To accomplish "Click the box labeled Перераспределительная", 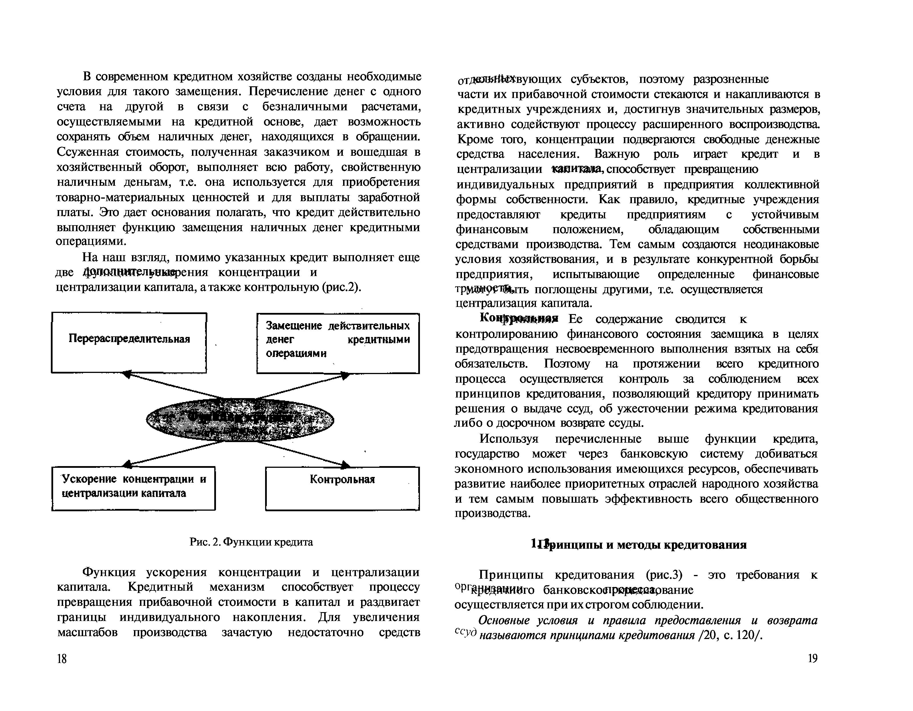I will click(x=129, y=343).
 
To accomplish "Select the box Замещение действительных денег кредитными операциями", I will click(x=338, y=343).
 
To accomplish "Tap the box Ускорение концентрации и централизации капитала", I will click(x=133, y=488).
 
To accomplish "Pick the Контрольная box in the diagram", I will click(x=342, y=488).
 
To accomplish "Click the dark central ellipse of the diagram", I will click(x=240, y=419).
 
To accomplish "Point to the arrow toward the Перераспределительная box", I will click(x=171, y=385).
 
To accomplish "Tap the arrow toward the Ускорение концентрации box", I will click(x=171, y=454).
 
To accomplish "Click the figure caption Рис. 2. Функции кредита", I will click(x=251, y=542).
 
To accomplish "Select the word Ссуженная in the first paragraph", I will click(x=87, y=152).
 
